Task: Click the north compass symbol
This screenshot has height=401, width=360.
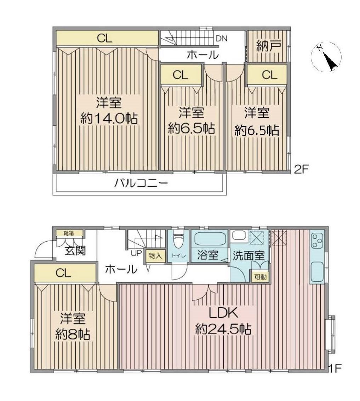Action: (x=326, y=57)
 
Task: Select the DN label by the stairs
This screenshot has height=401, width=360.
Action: (x=221, y=39)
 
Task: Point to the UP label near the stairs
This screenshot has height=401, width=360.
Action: (x=136, y=253)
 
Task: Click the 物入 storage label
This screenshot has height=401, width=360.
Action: (x=155, y=256)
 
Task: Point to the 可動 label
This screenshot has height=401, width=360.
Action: (x=261, y=277)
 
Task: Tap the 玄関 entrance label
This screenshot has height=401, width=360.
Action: (x=75, y=251)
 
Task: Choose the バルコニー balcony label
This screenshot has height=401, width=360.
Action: (x=141, y=183)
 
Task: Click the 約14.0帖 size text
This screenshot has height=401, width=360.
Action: (x=109, y=118)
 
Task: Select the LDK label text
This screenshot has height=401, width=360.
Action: (x=224, y=313)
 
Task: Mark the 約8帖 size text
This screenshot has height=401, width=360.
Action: (x=73, y=334)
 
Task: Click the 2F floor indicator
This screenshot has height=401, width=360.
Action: (x=302, y=169)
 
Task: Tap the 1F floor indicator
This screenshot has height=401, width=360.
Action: (x=335, y=368)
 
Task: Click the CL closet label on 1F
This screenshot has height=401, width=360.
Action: (x=63, y=273)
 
